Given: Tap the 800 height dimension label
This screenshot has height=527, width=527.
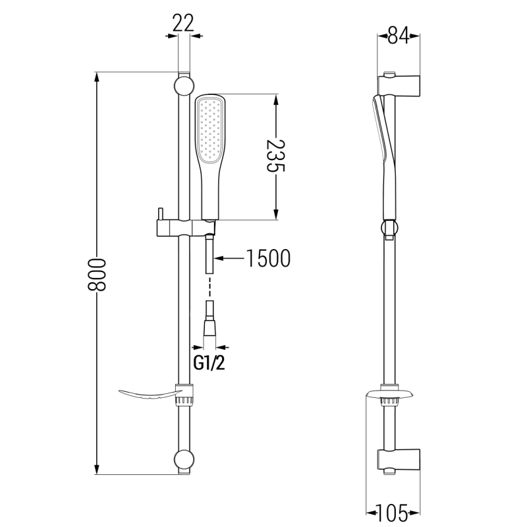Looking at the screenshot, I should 97,273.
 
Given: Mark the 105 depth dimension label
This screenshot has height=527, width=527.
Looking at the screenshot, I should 398,511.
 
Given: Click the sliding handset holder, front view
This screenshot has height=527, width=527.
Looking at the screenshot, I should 178,227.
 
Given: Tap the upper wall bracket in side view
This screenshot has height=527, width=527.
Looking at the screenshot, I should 399,85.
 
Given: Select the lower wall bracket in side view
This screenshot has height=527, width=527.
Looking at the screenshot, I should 399,459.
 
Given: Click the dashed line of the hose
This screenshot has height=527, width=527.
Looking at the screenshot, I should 210,287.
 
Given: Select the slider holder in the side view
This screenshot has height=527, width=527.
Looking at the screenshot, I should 390,227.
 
